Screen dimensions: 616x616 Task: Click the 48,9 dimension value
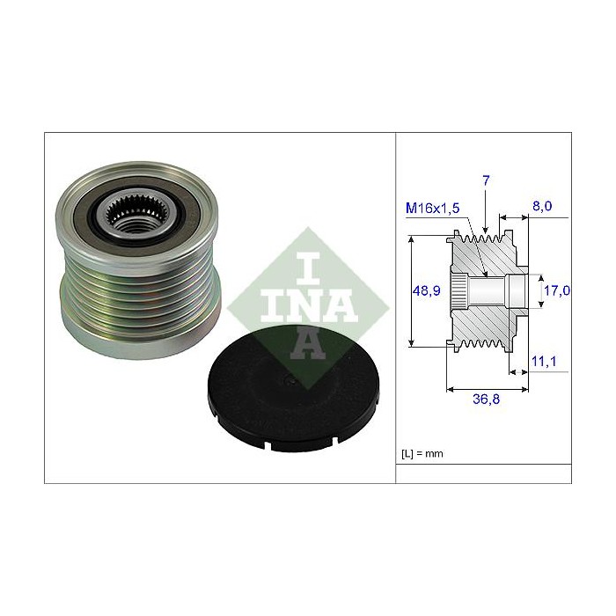click(x=426, y=290)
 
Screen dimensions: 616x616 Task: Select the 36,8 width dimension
click(x=486, y=400)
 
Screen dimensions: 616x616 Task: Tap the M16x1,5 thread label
click(x=432, y=208)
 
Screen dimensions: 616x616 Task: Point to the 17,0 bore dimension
click(x=557, y=290)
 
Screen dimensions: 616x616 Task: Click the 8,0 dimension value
click(x=542, y=206)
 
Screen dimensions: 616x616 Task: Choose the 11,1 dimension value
click(x=544, y=361)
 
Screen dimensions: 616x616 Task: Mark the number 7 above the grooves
click(x=486, y=180)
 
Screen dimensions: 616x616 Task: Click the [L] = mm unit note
click(x=422, y=454)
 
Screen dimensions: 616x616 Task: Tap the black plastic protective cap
click(x=293, y=388)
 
